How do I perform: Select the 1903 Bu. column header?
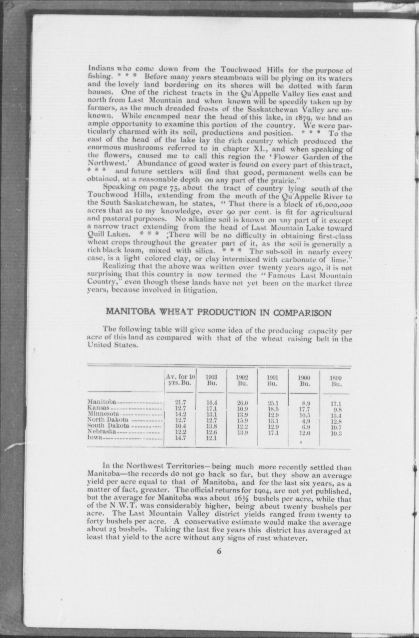click(x=212, y=380)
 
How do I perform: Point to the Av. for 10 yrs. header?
click(x=181, y=380)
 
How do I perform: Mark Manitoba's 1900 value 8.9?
click(x=306, y=404)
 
